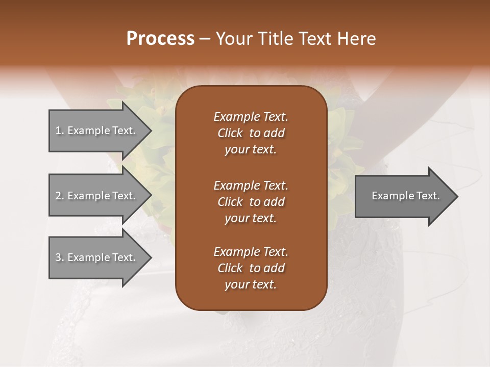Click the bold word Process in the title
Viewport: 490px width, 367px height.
pos(160,39)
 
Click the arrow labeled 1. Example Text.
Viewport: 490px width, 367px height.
pos(97,130)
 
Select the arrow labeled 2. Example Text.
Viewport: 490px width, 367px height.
pos(97,196)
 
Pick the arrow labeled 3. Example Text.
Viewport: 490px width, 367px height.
pos(97,257)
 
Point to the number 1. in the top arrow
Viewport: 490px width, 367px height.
pos(60,130)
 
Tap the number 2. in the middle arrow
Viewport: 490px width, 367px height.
pos(60,196)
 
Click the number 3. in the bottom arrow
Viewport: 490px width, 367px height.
pos(60,257)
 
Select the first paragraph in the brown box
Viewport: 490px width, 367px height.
pos(251,133)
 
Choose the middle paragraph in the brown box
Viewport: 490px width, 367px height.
pos(251,201)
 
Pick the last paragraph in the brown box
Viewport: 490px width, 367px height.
pos(251,268)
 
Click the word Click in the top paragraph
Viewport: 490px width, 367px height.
pos(230,133)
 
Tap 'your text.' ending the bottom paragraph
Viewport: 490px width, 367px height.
pos(251,284)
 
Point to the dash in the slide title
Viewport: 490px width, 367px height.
pos(205,39)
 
